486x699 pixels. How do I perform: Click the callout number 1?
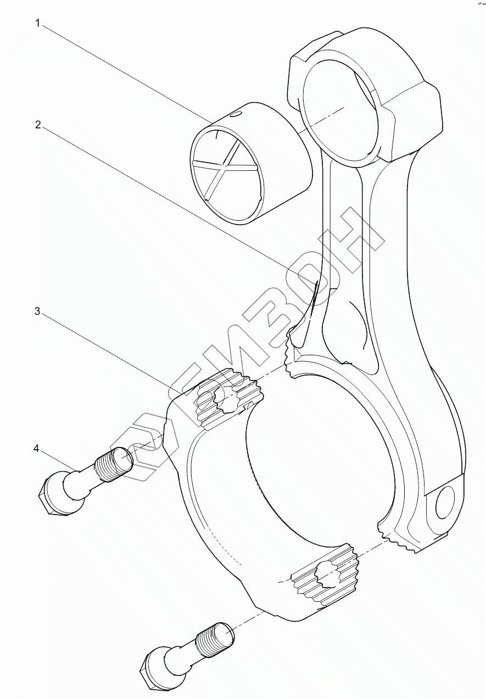pos(37,23)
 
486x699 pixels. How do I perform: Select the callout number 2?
pos(37,125)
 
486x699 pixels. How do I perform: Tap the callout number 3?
pos(37,311)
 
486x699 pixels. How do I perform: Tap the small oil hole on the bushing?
pos(236,115)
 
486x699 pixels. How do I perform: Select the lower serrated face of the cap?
pos(324,585)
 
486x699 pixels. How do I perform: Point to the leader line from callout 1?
pos(126,71)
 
